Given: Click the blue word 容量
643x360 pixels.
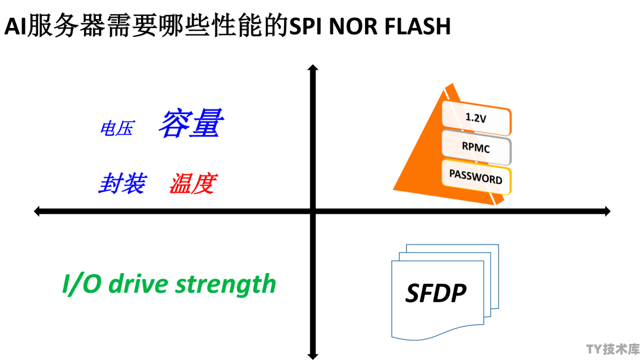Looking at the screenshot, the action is pyautogui.click(x=191, y=123).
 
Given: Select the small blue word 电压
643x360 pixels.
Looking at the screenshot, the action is pyautogui.click(x=117, y=129).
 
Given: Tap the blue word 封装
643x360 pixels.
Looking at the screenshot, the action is pyautogui.click(x=123, y=183).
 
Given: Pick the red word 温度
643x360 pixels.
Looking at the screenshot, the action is pyautogui.click(x=193, y=183).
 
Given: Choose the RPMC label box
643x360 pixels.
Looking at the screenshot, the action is pyautogui.click(x=476, y=147).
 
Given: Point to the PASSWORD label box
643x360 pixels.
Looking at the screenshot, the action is pyautogui.click(x=476, y=177).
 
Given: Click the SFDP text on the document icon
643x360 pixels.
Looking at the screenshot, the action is pyautogui.click(x=435, y=293).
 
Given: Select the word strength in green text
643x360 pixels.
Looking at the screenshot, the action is pyautogui.click(x=226, y=284).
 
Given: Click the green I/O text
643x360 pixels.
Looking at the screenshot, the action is pyautogui.click(x=82, y=284).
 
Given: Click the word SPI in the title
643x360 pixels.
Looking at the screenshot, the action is pyautogui.click(x=305, y=26).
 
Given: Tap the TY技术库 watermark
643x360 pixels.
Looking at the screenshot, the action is pyautogui.click(x=613, y=349).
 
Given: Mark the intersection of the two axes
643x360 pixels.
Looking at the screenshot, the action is pyautogui.click(x=313, y=211).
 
